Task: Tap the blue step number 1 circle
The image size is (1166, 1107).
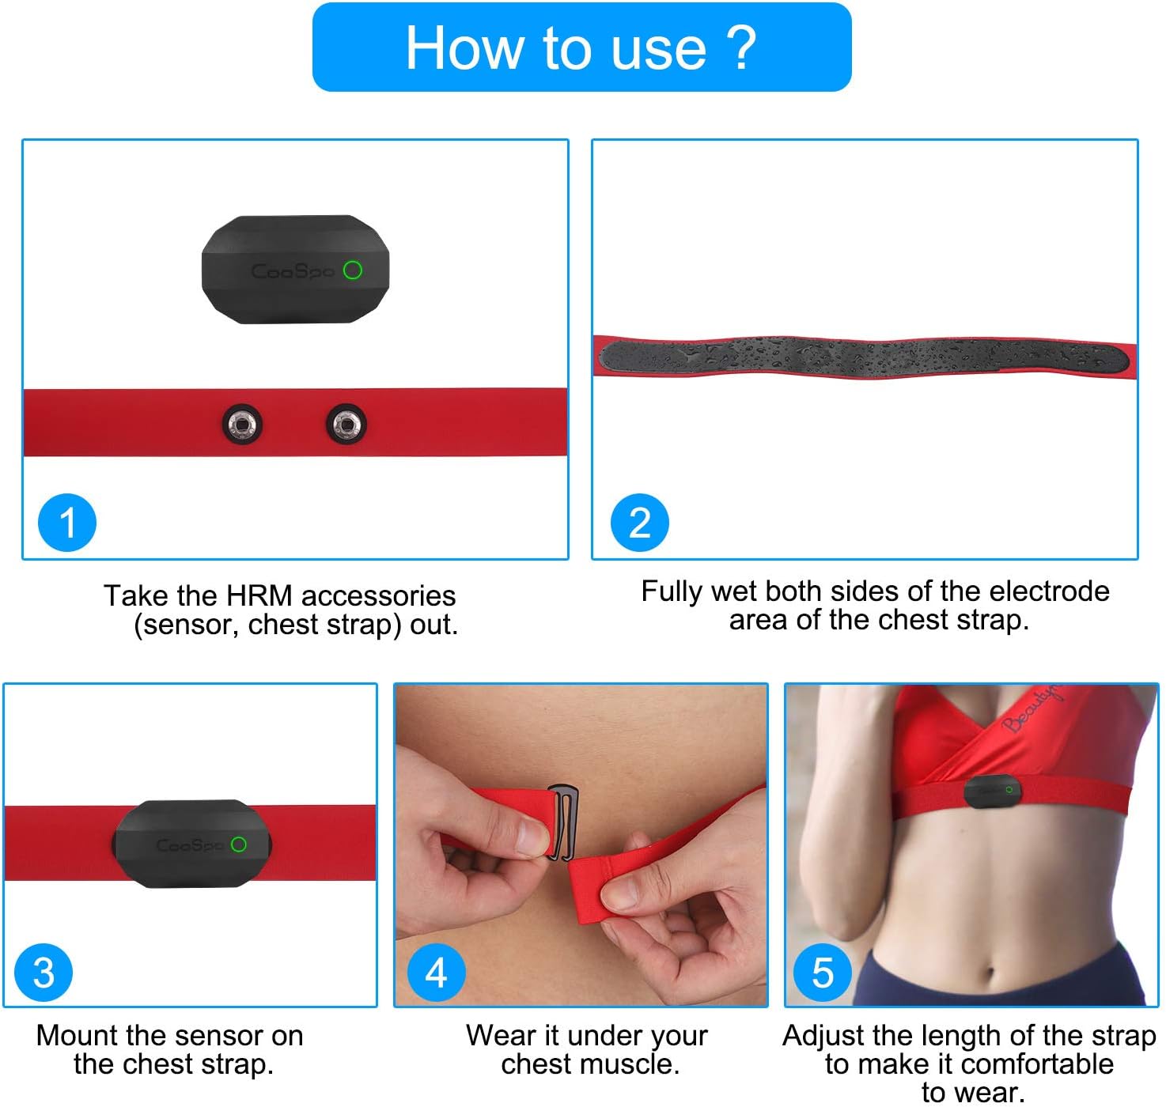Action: pyautogui.click(x=67, y=523)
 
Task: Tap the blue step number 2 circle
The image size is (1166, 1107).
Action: pyautogui.click(x=639, y=523)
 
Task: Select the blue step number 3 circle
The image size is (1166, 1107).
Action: pyautogui.click(x=44, y=973)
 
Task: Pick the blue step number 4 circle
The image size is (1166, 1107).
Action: pyautogui.click(x=436, y=973)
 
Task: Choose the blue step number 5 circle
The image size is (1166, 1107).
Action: pyautogui.click(x=823, y=973)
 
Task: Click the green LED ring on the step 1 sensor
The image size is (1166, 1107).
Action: pyautogui.click(x=353, y=270)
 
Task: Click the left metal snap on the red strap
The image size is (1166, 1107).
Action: pyautogui.click(x=242, y=425)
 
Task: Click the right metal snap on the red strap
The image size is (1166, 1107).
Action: pyautogui.click(x=346, y=425)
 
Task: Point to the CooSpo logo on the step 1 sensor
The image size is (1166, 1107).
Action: pyautogui.click(x=290, y=272)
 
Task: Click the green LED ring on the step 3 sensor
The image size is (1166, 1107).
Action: pyautogui.click(x=238, y=844)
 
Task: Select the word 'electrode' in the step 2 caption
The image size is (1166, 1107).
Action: pyautogui.click(x=1049, y=591)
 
